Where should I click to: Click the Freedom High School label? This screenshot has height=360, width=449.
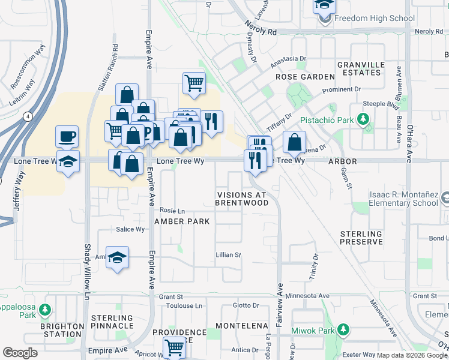click(374, 18)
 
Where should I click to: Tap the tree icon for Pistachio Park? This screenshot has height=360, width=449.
click(363, 119)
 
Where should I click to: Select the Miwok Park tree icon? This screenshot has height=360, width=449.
click(343, 329)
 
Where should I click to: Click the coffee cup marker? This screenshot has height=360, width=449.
click(67, 136)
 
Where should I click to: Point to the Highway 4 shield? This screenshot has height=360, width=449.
click(28, 118)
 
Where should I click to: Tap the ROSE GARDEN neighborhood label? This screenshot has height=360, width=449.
click(305, 77)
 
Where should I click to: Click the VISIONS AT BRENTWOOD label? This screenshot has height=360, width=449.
click(243, 199)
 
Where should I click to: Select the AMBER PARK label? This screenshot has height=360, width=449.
click(182, 221)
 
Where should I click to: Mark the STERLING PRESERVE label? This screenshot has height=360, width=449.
click(361, 238)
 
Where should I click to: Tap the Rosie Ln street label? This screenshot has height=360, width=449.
click(172, 211)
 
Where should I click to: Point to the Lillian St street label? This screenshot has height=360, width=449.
click(228, 255)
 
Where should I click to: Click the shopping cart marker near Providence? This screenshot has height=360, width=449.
click(174, 346)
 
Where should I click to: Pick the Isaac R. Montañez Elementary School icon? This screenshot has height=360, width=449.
click(445, 197)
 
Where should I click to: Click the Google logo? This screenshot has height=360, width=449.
click(20, 353)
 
